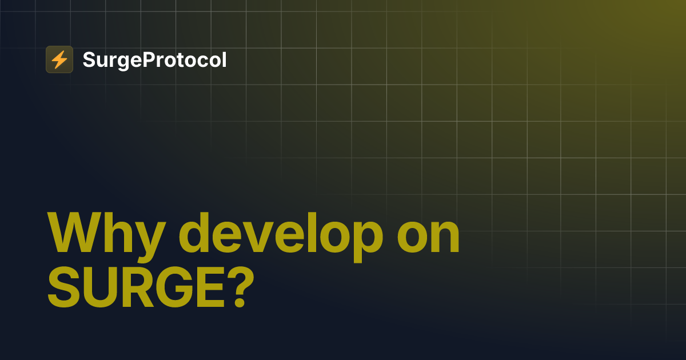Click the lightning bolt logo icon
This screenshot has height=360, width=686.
tap(59, 59)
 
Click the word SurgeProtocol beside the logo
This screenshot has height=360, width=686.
tap(154, 60)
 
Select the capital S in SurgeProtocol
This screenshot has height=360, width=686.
tap(89, 59)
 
